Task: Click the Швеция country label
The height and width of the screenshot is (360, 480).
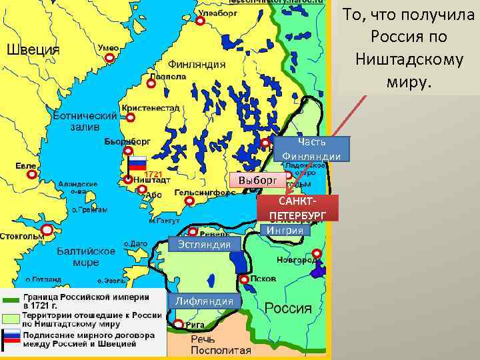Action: (x=33, y=50)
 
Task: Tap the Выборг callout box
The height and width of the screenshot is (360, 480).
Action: (x=257, y=181)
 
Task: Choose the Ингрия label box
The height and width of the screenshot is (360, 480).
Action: (x=285, y=231)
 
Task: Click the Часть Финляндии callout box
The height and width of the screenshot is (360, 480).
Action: (x=311, y=149)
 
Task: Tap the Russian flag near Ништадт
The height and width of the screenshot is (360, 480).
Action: (x=137, y=163)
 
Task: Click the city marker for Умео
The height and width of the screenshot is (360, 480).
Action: (x=109, y=59)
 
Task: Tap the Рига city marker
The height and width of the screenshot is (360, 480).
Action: (x=178, y=325)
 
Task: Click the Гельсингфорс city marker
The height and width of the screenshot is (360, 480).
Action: (x=189, y=201)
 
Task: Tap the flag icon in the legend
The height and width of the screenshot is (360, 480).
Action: (x=12, y=339)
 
